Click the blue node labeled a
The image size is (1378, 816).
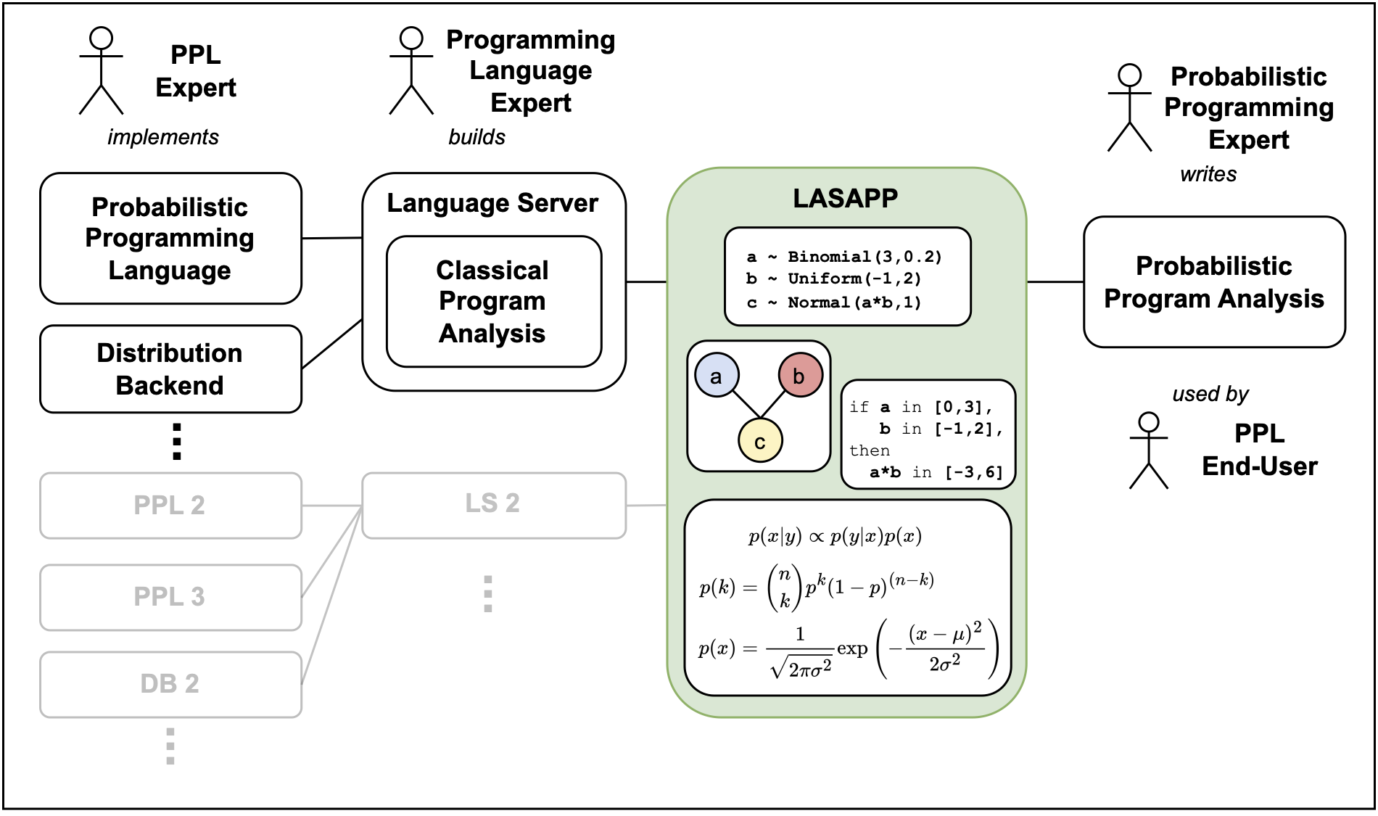717,376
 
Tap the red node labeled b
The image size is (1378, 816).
800,376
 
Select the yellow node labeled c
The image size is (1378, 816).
759,441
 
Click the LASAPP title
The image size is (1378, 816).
845,198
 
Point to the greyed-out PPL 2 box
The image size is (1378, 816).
170,505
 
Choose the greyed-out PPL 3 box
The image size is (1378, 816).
170,597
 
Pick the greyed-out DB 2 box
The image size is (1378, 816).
170,684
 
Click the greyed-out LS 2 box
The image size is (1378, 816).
493,504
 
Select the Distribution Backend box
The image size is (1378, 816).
170,368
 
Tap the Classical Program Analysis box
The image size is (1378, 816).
493,302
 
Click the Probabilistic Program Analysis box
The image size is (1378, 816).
1213,282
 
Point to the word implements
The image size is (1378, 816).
163,137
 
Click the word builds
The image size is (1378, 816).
476,137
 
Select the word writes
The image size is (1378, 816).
1208,174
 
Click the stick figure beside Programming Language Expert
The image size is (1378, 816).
411,71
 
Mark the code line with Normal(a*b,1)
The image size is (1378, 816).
834,302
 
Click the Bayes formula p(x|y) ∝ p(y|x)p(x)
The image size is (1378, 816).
834,537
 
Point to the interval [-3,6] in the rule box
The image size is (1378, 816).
974,473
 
